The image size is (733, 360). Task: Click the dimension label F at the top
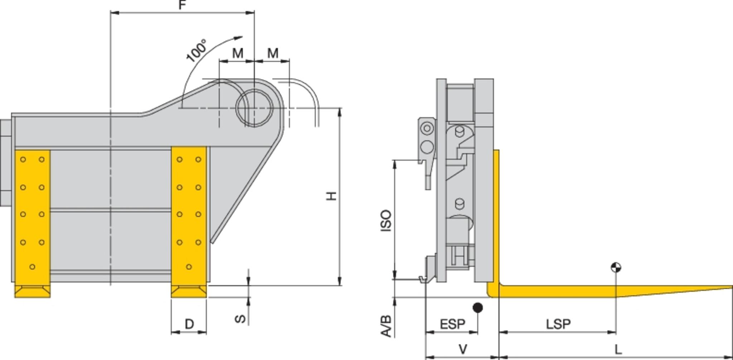tap(183, 5)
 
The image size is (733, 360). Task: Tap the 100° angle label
tap(196, 50)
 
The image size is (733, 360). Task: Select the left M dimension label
tap(238, 53)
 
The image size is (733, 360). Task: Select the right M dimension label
tap(273, 53)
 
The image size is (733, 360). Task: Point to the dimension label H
tap(332, 196)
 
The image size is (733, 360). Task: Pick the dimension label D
tap(189, 324)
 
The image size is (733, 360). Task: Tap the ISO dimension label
tap(386, 220)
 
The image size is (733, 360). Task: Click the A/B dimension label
tap(386, 326)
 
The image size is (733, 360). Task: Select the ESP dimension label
tap(452, 324)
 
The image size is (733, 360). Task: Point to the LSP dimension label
tap(558, 324)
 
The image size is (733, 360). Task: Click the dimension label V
tap(463, 349)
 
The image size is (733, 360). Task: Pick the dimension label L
tap(618, 349)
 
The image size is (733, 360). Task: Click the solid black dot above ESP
tap(477, 307)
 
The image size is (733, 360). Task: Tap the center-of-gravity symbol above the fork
tap(616, 267)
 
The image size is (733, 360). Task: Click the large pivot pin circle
tap(254, 108)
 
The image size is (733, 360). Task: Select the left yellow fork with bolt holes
tap(32, 218)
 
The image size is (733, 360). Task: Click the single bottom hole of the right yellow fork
tap(189, 267)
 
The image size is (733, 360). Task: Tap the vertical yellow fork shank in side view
tap(496, 215)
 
